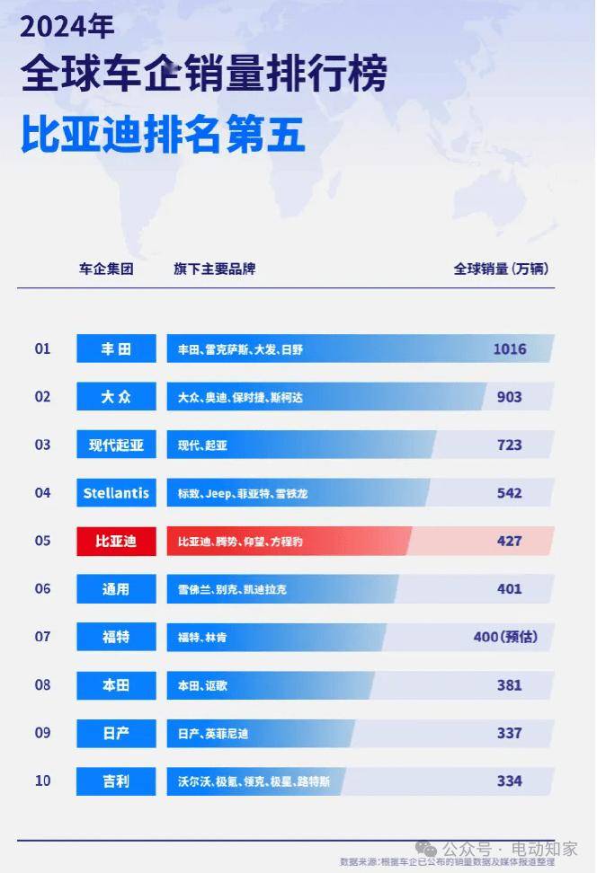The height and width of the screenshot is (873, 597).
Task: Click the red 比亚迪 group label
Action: tap(116, 541)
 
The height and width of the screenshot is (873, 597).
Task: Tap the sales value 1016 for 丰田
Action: tap(509, 348)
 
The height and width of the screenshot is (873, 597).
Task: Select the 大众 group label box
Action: tap(116, 396)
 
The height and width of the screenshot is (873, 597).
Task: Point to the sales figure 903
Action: tap(509, 396)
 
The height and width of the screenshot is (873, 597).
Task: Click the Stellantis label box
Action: tap(116, 492)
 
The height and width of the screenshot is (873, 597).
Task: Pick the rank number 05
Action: tap(43, 541)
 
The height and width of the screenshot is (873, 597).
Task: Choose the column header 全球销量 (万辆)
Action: tap(501, 269)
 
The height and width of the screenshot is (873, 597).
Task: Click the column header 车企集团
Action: tap(106, 269)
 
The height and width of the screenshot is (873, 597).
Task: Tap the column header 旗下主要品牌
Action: tap(214, 269)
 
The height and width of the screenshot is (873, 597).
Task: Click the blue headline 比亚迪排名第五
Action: tap(164, 136)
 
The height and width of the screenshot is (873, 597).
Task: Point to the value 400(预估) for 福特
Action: tap(505, 637)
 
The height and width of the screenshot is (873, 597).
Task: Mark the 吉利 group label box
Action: tap(116, 780)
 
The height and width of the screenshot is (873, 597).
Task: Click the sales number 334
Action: tap(509, 780)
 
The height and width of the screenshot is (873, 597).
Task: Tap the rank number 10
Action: tap(43, 780)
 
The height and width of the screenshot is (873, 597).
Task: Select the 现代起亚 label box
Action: tap(116, 445)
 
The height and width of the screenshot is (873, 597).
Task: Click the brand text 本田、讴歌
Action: tap(202, 685)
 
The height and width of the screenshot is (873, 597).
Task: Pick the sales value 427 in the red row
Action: tap(509, 541)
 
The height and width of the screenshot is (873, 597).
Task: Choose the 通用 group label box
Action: tap(116, 589)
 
